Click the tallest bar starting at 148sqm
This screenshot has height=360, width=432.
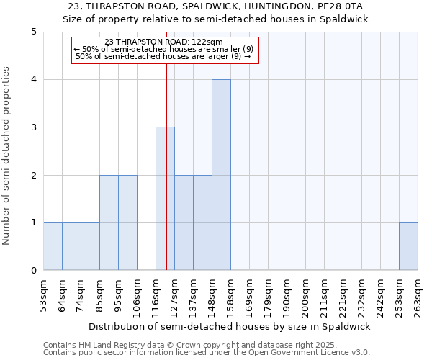click(x=221, y=175)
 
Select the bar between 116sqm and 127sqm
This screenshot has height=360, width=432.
click(x=165, y=199)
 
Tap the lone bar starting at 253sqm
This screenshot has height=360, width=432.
click(x=408, y=246)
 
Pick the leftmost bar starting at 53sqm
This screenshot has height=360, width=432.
click(x=53, y=246)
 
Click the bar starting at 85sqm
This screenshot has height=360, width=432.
click(x=109, y=222)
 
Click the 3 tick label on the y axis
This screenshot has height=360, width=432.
click(x=34, y=127)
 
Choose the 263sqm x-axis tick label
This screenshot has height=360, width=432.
click(x=418, y=296)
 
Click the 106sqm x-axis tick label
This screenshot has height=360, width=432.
click(x=138, y=296)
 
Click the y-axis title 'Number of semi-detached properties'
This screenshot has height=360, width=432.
click(x=7, y=156)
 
